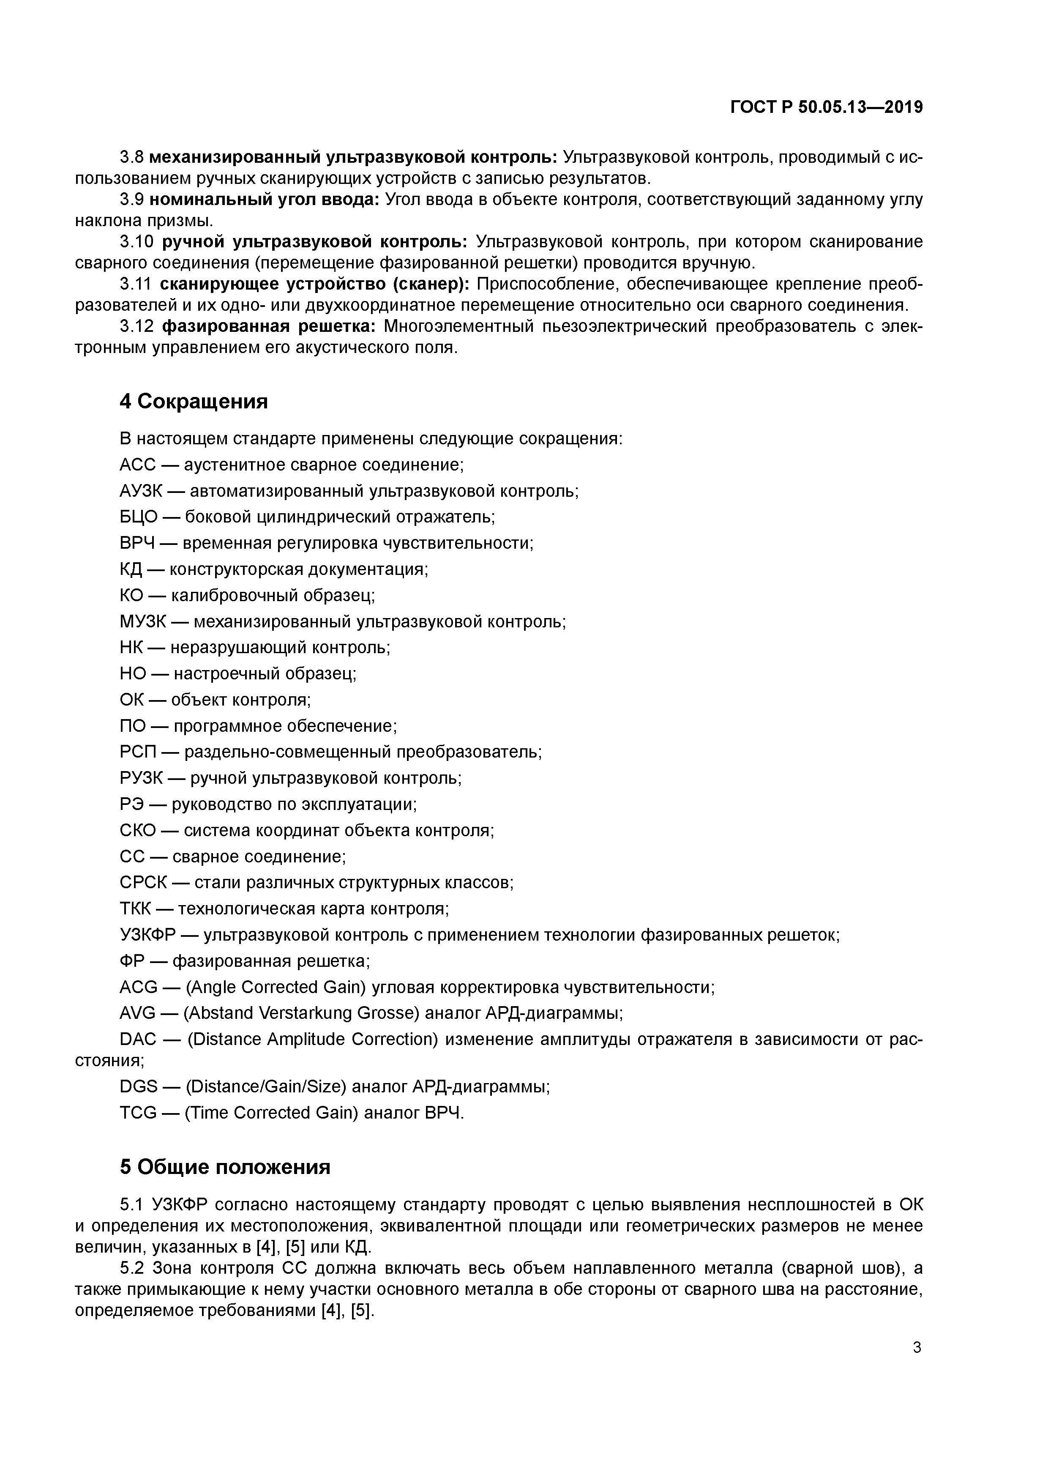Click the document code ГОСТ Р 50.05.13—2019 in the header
tap(826, 107)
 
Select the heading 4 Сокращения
tap(193, 401)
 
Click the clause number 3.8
tap(132, 157)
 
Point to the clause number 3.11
tap(135, 284)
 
